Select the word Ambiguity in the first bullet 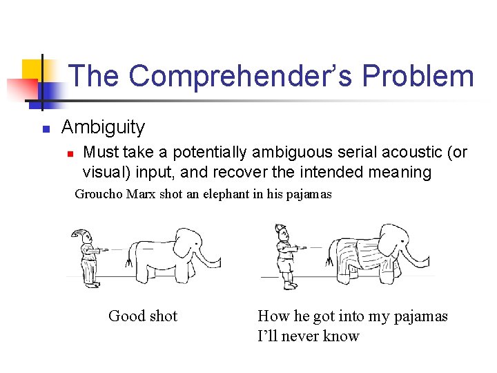(x=103, y=127)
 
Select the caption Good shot (x=143, y=316)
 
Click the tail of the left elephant (x=129, y=259)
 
